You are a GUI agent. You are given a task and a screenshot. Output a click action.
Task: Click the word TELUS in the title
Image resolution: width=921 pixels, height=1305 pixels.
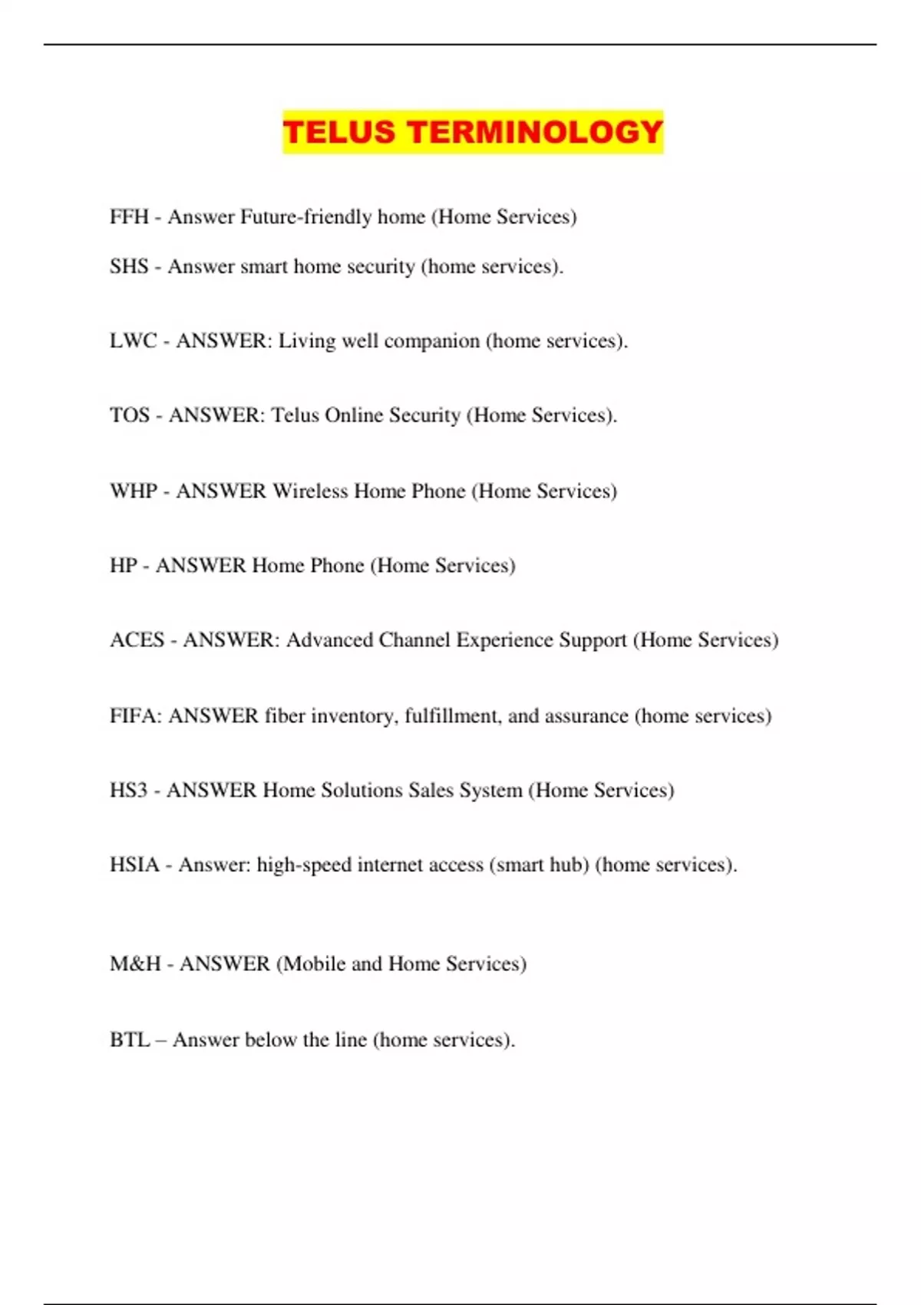coord(339,132)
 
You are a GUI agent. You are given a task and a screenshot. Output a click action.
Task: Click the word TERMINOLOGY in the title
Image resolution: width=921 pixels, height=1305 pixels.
coord(535,132)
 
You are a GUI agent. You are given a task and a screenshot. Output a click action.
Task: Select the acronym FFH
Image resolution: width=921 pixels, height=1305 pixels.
coord(129,217)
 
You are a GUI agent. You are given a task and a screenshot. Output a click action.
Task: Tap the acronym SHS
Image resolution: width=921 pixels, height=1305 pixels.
coord(129,266)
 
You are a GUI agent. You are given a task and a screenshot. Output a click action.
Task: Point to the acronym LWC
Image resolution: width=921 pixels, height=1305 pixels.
coord(133,341)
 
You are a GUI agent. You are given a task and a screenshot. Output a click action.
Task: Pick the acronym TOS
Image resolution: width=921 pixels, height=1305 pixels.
coord(129,415)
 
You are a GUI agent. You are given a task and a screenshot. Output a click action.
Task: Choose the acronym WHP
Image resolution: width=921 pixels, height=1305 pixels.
coord(134,491)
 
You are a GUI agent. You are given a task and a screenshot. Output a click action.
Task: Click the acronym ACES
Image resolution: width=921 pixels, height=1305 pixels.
coord(137,640)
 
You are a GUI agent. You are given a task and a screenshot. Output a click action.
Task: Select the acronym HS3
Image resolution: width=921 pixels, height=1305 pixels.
coord(128,791)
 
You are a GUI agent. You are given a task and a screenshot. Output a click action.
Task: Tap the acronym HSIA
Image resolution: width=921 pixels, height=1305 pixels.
coord(134,865)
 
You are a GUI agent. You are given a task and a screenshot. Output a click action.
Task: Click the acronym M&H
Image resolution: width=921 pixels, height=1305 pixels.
coord(135,964)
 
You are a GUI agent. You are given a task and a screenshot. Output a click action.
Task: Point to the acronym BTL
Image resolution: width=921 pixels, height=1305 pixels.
coord(129,1040)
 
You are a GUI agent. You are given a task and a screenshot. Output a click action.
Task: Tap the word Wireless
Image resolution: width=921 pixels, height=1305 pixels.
coord(310,491)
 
